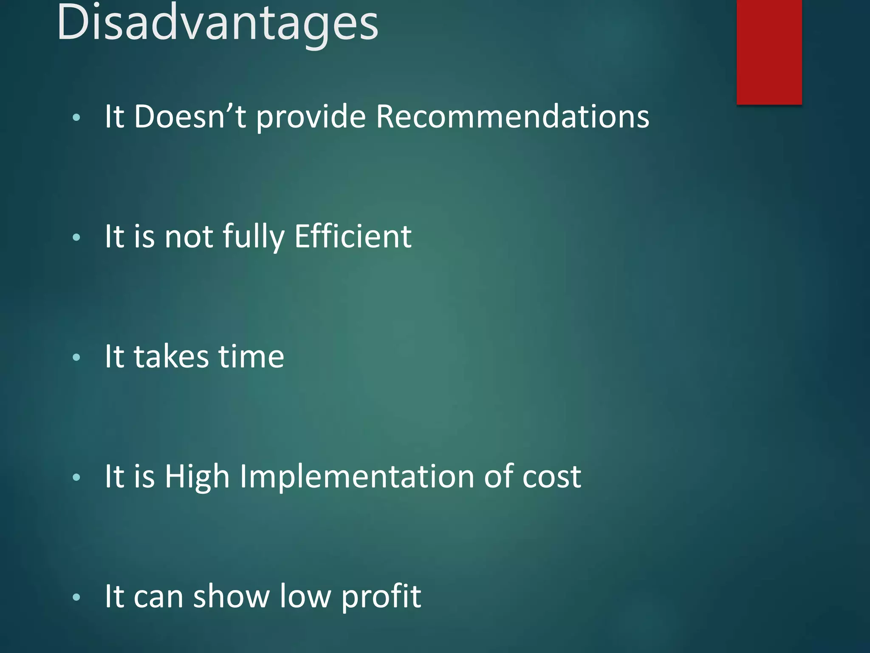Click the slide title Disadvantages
click(217, 23)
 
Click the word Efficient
click(353, 236)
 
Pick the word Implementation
click(357, 477)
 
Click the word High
click(197, 477)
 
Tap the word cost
click(551, 477)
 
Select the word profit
click(381, 597)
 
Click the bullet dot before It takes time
click(76, 358)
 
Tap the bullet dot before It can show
click(76, 598)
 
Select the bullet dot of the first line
click(76, 118)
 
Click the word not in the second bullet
click(189, 236)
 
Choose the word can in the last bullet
click(158, 597)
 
